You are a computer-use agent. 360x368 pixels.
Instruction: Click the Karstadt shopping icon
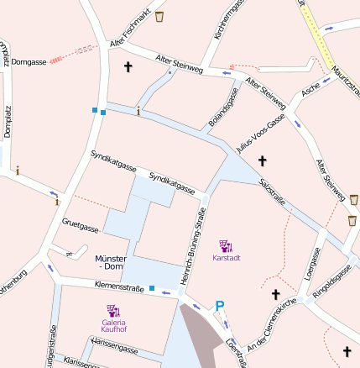[x=225, y=245]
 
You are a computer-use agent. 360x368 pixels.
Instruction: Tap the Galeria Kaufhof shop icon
[x=113, y=311]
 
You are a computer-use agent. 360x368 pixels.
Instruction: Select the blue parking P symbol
[x=220, y=308]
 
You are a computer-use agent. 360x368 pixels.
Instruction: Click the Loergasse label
[x=313, y=262]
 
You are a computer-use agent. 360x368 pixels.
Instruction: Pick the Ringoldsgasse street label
[x=332, y=281]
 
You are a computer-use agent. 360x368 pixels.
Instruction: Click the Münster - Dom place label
[x=111, y=262]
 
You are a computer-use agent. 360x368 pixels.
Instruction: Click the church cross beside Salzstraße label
[x=262, y=160]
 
